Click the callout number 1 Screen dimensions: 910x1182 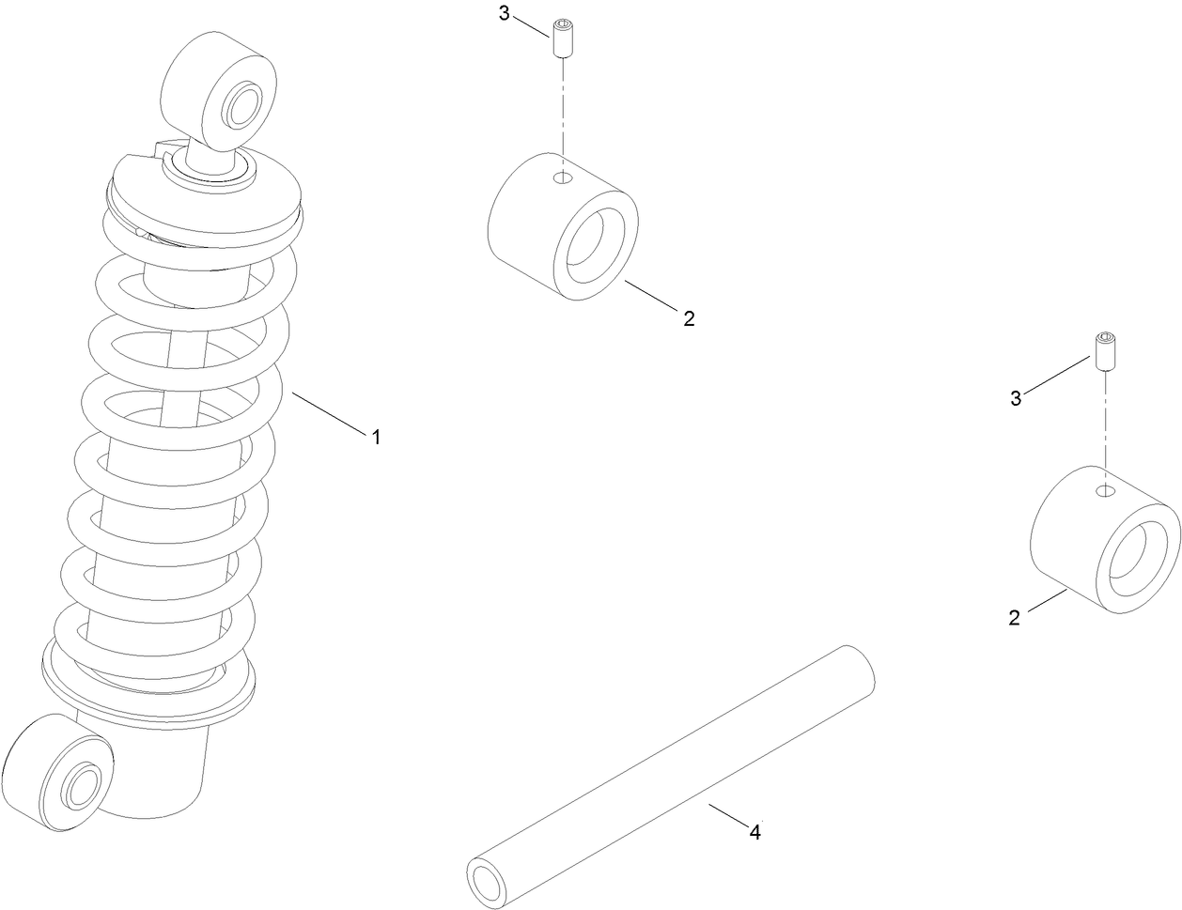(x=376, y=437)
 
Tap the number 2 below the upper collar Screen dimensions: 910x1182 (x=689, y=318)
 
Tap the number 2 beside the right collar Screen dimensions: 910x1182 (x=1014, y=618)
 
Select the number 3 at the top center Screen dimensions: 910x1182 (x=505, y=15)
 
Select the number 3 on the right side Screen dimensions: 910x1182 (x=1016, y=398)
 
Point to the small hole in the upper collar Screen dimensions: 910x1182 (x=562, y=177)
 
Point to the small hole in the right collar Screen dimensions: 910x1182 (x=1106, y=490)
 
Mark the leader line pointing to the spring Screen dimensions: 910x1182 (x=329, y=413)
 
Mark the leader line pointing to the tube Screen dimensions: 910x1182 (x=728, y=814)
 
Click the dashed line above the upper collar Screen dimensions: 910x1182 (x=563, y=103)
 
